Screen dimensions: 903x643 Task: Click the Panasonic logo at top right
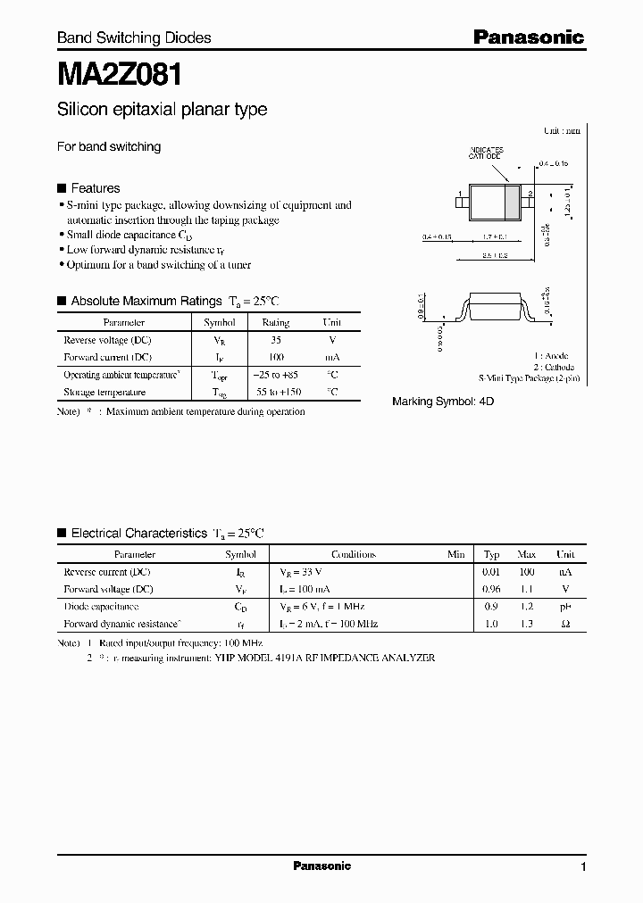pos(528,37)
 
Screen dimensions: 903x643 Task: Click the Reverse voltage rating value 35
pos(275,341)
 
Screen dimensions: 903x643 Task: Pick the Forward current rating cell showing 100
pos(275,356)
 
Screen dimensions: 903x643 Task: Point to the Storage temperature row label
pos(104,392)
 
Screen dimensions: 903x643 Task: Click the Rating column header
pos(275,323)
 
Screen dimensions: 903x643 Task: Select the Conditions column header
pos(354,554)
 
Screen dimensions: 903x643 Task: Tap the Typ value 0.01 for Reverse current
pos(491,572)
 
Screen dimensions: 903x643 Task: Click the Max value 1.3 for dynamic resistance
pos(526,624)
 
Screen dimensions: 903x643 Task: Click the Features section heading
pos(95,188)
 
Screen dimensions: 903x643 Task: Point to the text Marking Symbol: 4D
pos(443,402)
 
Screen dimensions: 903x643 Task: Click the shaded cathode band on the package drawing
pos(512,200)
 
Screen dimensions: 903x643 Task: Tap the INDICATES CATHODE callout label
pos(487,153)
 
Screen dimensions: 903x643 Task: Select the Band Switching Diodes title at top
pos(134,37)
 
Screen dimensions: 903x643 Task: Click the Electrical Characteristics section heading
pos(138,534)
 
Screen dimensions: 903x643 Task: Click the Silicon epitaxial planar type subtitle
pos(162,110)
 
